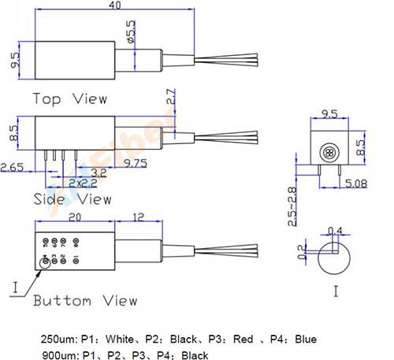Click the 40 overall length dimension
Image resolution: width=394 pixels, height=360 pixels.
tap(115, 6)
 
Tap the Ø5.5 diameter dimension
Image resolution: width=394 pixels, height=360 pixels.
tap(130, 32)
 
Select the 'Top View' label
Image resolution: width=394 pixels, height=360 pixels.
tap(69, 98)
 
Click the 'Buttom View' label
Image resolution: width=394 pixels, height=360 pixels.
tap(84, 300)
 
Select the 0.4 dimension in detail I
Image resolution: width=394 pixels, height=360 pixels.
tap(339, 231)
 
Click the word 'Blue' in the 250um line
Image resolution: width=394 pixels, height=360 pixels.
tap(306, 340)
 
